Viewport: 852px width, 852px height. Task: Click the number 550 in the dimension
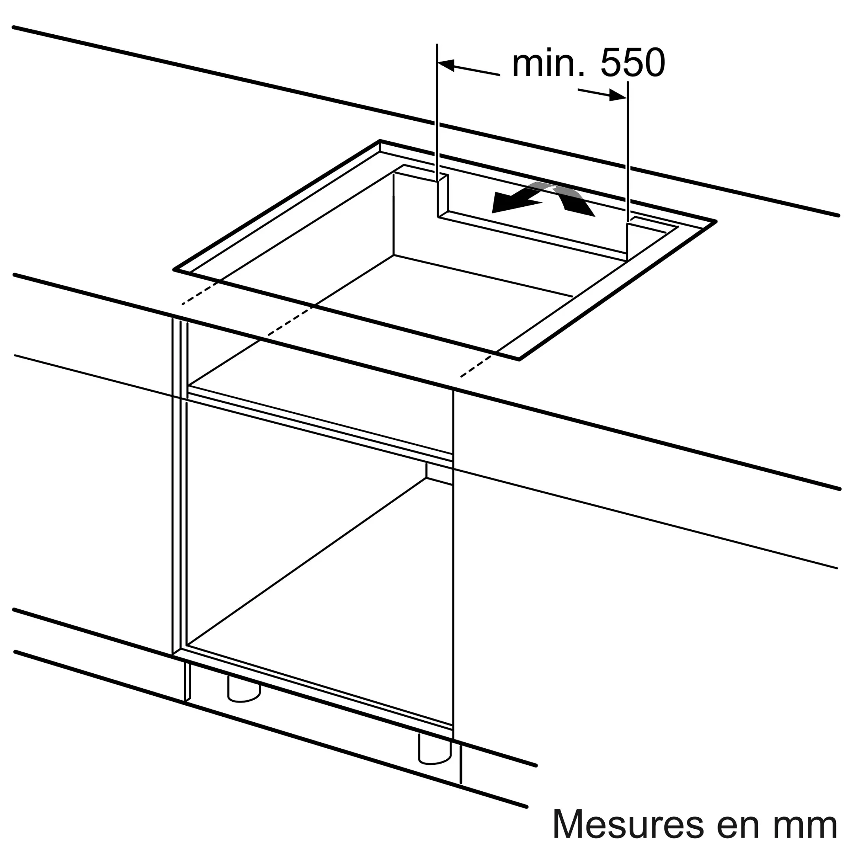tap(632, 64)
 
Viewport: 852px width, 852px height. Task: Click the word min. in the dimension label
tap(549, 64)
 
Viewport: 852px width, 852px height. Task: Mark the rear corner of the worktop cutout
tap(380, 141)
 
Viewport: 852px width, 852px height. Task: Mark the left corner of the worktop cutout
tap(175, 269)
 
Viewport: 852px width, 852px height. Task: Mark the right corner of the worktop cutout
tap(715, 221)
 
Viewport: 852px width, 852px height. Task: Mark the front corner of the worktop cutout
tap(519, 359)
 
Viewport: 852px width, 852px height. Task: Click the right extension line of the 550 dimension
tap(628, 150)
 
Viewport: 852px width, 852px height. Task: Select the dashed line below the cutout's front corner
tap(476, 366)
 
